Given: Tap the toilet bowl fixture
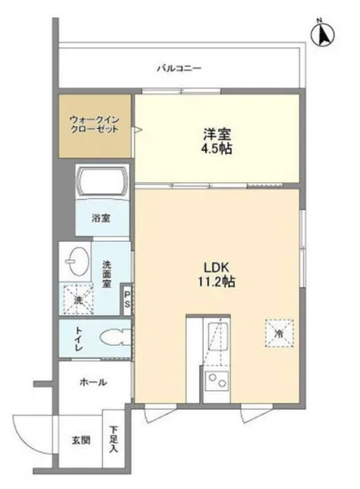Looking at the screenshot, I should (x=112, y=339).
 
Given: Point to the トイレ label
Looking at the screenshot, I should (x=78, y=339).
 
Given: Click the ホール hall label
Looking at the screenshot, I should (x=93, y=382).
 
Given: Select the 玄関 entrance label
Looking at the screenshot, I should (x=79, y=438).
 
